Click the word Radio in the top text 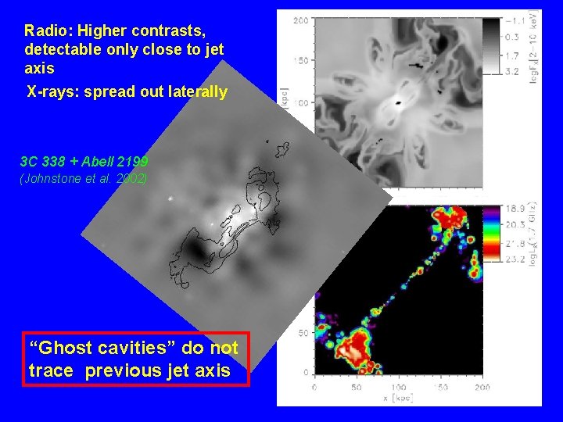(44, 31)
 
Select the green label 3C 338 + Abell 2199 (84, 163)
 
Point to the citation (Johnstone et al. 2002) (84, 178)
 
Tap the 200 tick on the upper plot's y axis (299, 20)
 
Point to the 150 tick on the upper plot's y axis (299, 61)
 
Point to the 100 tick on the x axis (398, 387)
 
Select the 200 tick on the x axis (482, 387)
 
